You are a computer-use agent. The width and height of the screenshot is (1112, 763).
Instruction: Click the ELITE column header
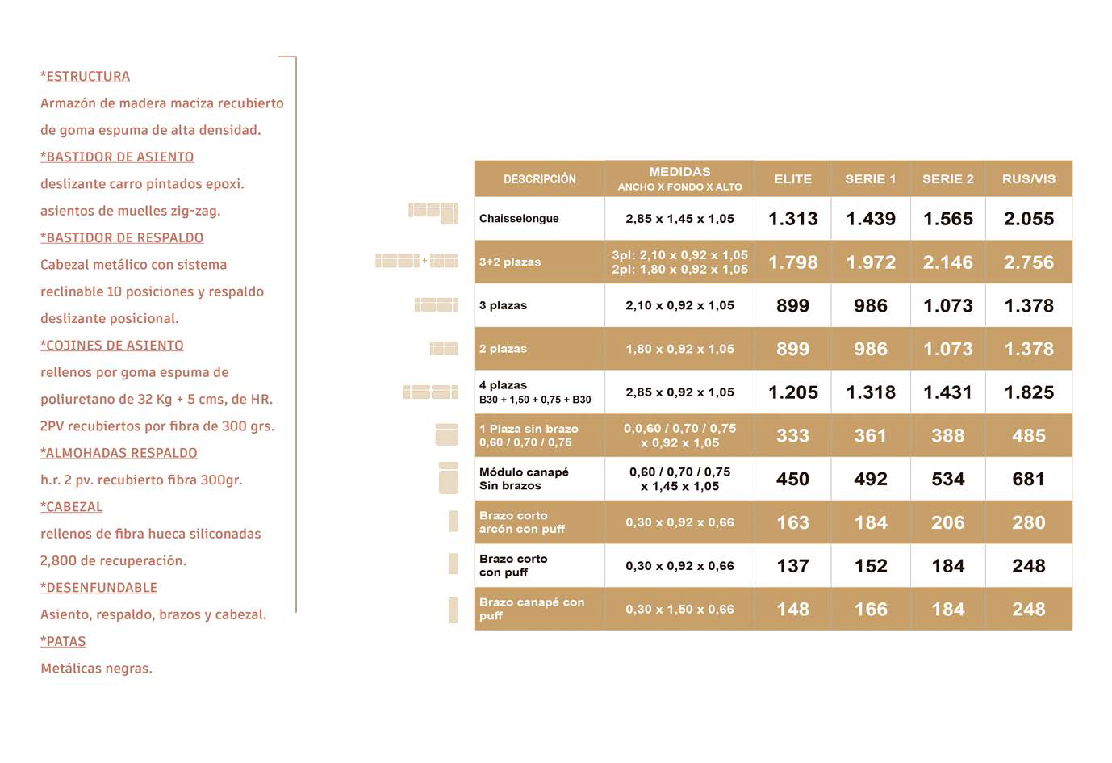[x=792, y=179]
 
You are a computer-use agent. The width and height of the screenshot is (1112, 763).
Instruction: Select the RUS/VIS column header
[x=1028, y=179]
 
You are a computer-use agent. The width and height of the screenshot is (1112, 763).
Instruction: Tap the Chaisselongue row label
[x=519, y=219]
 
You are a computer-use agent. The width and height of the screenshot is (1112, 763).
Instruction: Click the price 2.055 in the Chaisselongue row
[x=1028, y=219]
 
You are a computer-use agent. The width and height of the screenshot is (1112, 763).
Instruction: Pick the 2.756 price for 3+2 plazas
[x=1028, y=262]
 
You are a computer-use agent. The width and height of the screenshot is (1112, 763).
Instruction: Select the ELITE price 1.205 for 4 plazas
[x=792, y=392]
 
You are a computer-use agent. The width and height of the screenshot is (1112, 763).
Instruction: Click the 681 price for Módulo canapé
[x=1028, y=480]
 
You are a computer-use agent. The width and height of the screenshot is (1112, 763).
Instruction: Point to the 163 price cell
[x=792, y=522]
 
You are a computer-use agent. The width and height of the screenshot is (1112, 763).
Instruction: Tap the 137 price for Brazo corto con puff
[x=792, y=566]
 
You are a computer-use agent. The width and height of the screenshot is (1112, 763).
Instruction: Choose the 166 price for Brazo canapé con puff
[x=870, y=610]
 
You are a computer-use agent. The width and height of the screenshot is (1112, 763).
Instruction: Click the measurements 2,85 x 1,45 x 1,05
[x=679, y=219]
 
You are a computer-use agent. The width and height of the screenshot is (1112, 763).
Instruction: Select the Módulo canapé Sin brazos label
[x=524, y=479]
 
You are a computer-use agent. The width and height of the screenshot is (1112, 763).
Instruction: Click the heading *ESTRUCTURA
[x=85, y=76]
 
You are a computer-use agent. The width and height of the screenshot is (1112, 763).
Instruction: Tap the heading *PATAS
[x=63, y=641]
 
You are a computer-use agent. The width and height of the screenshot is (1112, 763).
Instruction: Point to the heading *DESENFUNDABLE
[x=98, y=588]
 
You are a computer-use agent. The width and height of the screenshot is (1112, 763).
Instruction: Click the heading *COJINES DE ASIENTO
[x=111, y=346]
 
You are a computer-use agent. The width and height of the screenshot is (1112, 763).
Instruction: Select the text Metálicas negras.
[x=96, y=669]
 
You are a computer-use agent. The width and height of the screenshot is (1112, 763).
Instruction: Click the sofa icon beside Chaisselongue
[x=433, y=212]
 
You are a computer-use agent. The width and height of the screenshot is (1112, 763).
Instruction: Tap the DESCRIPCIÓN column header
[x=539, y=179]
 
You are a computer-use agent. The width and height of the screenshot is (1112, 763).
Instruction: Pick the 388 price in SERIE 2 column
[x=947, y=436]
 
